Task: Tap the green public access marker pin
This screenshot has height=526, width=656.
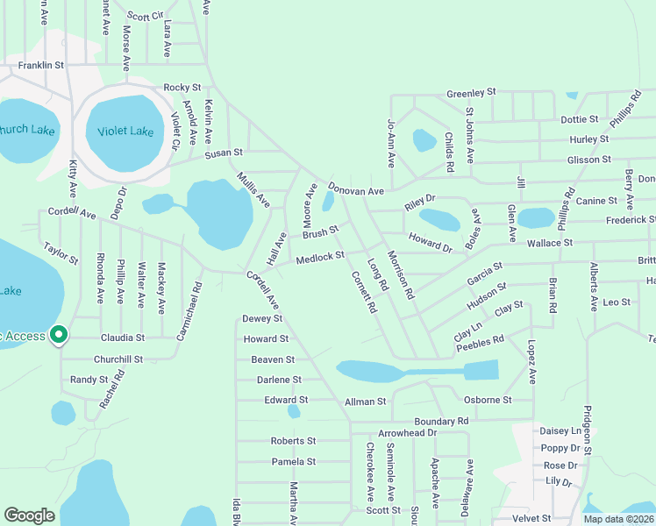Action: click(59, 335)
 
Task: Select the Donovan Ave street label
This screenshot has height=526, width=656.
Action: click(356, 189)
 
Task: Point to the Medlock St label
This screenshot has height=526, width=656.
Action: click(320, 258)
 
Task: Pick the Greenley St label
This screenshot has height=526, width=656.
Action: click(471, 92)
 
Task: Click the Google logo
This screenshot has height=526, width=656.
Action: click(29, 515)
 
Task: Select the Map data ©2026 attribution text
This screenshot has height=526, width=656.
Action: click(617, 519)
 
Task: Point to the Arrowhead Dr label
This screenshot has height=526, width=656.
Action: click(407, 433)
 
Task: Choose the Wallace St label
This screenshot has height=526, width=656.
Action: click(549, 242)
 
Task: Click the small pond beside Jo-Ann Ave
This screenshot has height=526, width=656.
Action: click(424, 140)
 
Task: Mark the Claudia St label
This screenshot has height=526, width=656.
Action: click(122, 337)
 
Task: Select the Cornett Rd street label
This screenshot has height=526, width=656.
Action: click(363, 292)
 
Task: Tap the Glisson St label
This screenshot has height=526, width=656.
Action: click(588, 160)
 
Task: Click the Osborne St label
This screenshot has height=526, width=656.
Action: click(488, 400)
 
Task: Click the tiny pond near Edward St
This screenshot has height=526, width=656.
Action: click(294, 410)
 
